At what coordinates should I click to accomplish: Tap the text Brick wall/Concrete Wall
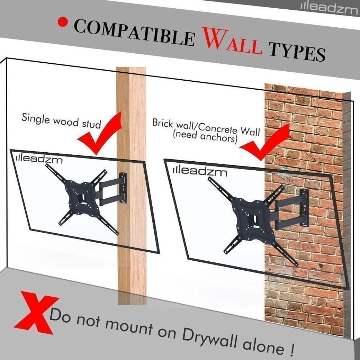pyautogui.click(x=206, y=126)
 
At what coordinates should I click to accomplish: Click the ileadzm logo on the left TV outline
pyautogui.click(x=40, y=158)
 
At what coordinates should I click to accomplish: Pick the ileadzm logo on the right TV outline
pyautogui.click(x=200, y=171)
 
